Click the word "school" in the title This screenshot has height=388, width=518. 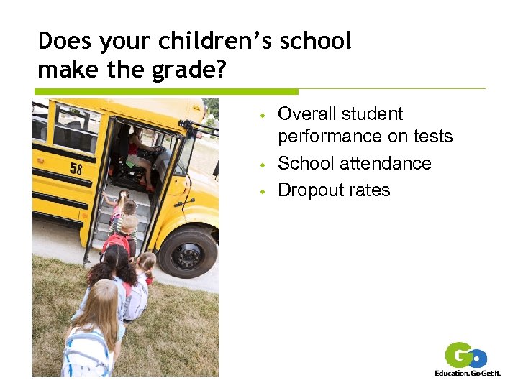(x=316, y=41)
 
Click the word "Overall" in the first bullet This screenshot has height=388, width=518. (x=307, y=114)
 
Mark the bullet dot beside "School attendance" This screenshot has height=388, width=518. (x=264, y=165)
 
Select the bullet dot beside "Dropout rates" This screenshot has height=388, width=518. (x=264, y=191)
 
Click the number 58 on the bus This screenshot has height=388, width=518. (x=76, y=170)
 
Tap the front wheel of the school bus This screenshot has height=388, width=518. (x=187, y=252)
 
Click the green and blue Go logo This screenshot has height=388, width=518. (x=466, y=356)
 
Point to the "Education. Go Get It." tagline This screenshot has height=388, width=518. (x=468, y=374)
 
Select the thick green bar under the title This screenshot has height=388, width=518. (x=166, y=92)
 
